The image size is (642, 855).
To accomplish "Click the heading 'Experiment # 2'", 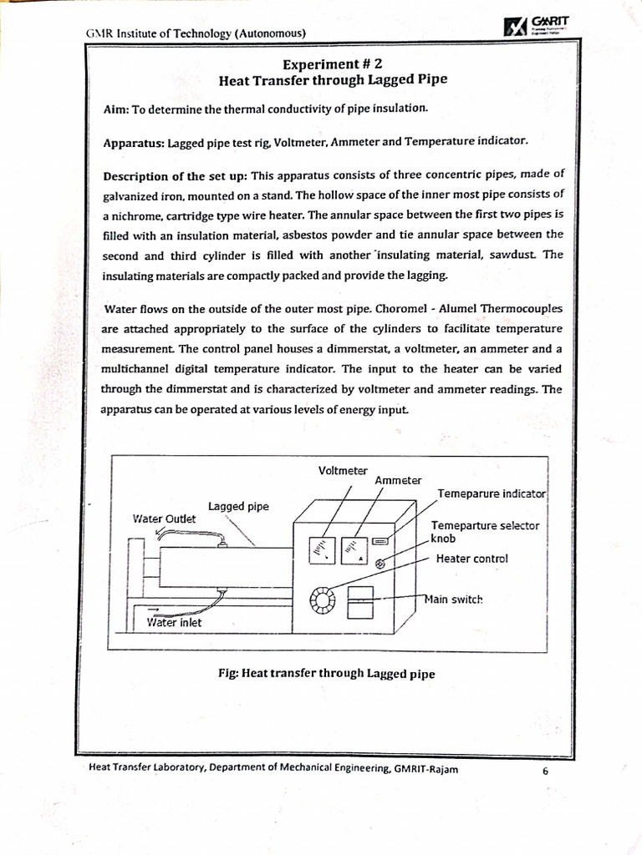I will coord(332,64).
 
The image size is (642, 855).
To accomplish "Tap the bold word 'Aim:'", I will coord(116,110).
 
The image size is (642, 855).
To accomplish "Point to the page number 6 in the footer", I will coord(545,771).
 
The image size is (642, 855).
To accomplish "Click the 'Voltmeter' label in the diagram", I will coord(343,471).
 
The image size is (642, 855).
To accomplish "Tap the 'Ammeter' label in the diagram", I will coord(398,481).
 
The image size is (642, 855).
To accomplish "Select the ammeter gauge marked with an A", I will coord(354,549).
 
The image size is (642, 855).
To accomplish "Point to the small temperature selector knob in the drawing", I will coord(382,564).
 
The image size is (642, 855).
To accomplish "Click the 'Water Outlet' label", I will coord(164,519).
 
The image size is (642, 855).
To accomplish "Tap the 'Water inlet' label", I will coord(174,622).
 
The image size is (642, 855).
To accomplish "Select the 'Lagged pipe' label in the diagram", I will coord(238,506).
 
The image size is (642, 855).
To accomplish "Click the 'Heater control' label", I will coord(471,559).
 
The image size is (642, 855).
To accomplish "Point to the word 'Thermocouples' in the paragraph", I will coord(521,309).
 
